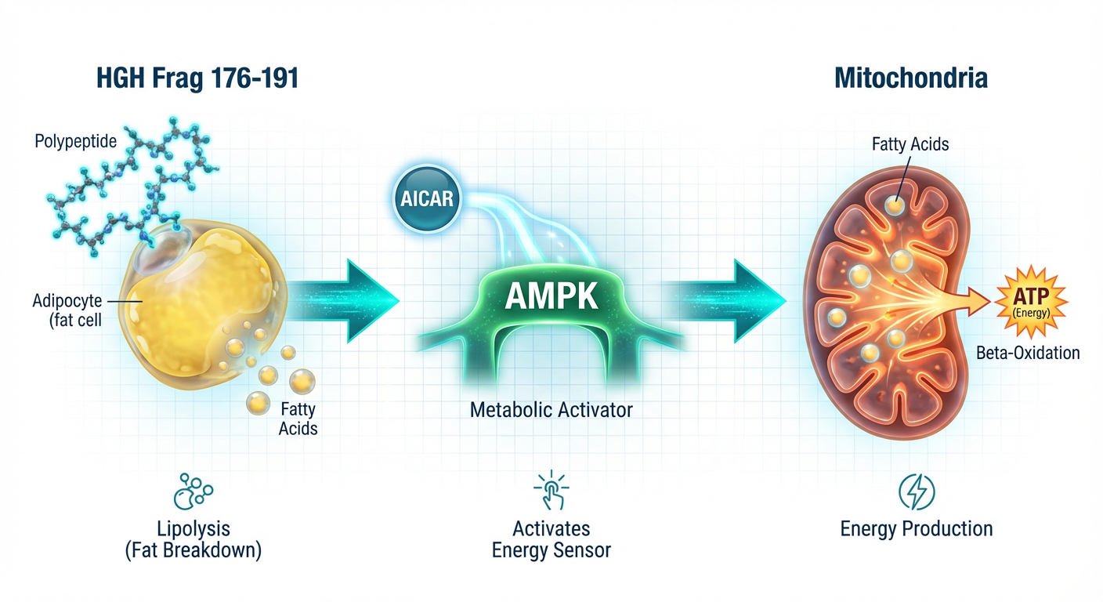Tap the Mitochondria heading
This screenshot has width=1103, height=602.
[910, 78]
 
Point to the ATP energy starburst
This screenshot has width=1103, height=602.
[1029, 302]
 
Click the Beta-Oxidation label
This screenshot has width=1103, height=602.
[1028, 353]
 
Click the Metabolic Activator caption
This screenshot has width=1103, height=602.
[551, 409]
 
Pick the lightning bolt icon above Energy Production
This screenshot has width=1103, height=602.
[916, 492]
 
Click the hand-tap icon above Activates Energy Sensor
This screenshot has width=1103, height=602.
[551, 491]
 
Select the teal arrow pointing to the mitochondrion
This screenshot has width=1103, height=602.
[732, 301]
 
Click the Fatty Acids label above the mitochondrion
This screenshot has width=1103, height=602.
[910, 144]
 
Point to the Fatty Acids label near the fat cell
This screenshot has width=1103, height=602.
[298, 418]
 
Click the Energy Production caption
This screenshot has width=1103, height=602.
[916, 528]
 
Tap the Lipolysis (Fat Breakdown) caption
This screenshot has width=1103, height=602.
[193, 539]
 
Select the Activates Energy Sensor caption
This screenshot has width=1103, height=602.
[551, 539]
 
